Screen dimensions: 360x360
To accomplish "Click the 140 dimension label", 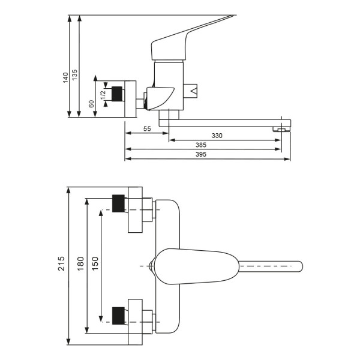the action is tap(65, 77).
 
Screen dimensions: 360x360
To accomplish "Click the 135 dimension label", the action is tap(75, 75).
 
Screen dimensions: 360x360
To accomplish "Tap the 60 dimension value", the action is tap(91, 104).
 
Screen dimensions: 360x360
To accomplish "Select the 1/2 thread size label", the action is tap(103, 95).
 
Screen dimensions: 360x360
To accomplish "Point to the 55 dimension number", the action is tap(147, 129).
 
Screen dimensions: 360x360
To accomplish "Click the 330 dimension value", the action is tap(217, 136).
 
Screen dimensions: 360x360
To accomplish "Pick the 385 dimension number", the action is tap(201, 145).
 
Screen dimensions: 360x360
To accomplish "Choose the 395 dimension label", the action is tap(201, 155).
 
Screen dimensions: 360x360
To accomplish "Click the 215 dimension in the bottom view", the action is tap(61, 263).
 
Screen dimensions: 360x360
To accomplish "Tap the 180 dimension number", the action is tap(80, 264).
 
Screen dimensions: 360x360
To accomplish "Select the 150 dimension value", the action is tap(95, 263).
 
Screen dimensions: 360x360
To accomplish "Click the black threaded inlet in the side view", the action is tap(117, 94).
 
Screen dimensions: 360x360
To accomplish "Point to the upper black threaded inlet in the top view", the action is tap(118, 203).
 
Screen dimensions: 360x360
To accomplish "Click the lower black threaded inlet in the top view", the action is tap(118, 316).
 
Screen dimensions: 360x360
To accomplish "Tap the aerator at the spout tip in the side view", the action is tap(281, 130).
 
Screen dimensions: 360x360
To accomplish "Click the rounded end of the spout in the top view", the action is tap(300, 266).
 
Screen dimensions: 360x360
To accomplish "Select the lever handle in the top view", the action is tap(197, 266).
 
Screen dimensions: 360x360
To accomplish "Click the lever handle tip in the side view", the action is tap(232, 16).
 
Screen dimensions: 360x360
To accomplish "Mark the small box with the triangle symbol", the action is tap(190, 91).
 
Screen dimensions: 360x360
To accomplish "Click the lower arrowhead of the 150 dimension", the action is tap(101, 319).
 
